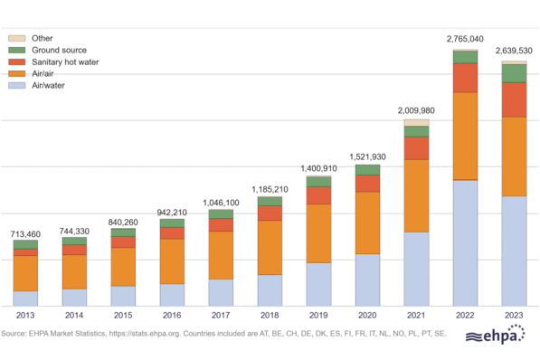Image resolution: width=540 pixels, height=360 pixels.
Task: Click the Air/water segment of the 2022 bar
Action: coord(465,242)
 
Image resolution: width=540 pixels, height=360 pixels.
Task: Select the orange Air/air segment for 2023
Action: coord(514,156)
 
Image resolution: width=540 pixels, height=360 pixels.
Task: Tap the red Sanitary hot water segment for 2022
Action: coord(465,78)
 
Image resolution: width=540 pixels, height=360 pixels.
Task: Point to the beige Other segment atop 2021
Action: coord(416,122)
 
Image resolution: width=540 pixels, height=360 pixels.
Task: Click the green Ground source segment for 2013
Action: coord(25,244)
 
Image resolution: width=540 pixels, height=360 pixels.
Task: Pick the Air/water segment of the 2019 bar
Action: coord(318,283)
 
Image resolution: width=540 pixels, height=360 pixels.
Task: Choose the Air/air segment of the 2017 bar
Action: coord(221,255)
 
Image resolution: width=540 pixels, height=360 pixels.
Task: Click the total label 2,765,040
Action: coord(465,39)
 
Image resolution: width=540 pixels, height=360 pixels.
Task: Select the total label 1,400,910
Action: coord(318,167)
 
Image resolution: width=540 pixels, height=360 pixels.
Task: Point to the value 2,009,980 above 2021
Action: coord(416,109)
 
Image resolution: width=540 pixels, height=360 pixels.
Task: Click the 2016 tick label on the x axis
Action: coord(172,316)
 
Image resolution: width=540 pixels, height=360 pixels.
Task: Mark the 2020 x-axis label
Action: coord(367,316)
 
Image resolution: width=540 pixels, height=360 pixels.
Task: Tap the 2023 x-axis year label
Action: coord(514,316)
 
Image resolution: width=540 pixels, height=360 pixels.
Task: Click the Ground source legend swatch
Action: coord(16,50)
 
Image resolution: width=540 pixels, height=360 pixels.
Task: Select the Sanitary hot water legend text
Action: coord(65,62)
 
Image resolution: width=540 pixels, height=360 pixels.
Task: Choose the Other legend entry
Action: coord(42,38)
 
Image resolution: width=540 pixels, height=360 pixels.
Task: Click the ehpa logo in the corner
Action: coord(497,337)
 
